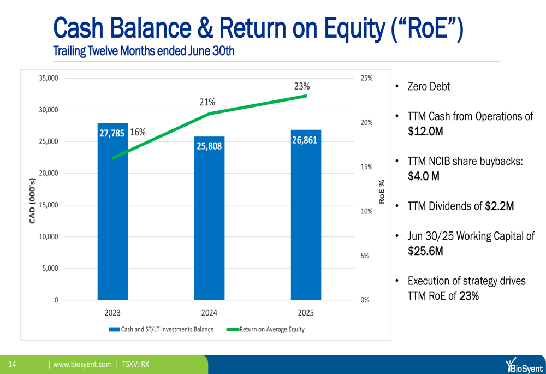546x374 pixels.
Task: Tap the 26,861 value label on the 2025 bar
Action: click(x=305, y=140)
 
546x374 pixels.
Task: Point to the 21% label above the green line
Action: click(x=207, y=102)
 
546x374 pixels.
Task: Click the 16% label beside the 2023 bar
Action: click(x=138, y=132)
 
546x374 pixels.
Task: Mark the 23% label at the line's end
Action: click(x=302, y=86)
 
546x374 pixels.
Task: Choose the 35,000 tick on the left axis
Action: click(x=49, y=78)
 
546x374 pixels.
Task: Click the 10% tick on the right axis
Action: click(x=366, y=211)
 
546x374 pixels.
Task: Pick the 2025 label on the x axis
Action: click(x=306, y=313)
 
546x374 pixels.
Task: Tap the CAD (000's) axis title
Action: click(x=32, y=200)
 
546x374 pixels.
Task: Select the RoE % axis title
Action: click(x=382, y=192)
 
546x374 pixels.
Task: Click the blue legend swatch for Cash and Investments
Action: click(x=115, y=329)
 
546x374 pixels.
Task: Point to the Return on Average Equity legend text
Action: click(x=272, y=329)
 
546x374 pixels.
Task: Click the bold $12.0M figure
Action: click(x=425, y=131)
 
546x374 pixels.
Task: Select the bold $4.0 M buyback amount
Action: click(x=424, y=176)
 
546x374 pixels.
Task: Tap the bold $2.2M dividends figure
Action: click(x=500, y=206)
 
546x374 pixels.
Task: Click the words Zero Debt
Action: click(x=429, y=86)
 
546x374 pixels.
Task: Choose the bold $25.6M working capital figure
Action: click(x=425, y=251)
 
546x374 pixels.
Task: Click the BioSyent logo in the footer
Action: click(x=524, y=366)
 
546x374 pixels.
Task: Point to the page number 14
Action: click(x=12, y=364)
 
